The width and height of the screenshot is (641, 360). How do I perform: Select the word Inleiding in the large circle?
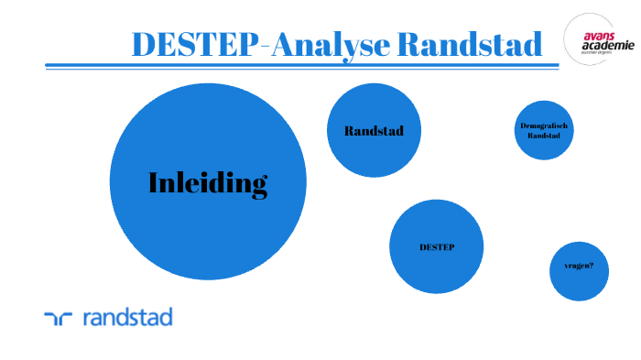[208, 183]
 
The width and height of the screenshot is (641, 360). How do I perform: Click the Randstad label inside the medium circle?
[374, 131]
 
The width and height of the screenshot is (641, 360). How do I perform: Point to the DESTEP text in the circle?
[437, 247]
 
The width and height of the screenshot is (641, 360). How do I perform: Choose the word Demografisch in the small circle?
[543, 125]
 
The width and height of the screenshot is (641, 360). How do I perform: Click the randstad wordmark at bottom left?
[127, 318]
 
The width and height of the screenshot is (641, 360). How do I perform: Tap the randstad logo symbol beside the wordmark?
[58, 319]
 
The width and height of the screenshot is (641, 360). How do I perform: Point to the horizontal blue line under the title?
[302, 66]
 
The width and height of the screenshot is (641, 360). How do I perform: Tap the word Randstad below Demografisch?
[543, 136]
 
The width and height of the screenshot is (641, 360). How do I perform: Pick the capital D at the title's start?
[144, 43]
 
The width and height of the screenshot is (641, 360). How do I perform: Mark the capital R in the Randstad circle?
[349, 131]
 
